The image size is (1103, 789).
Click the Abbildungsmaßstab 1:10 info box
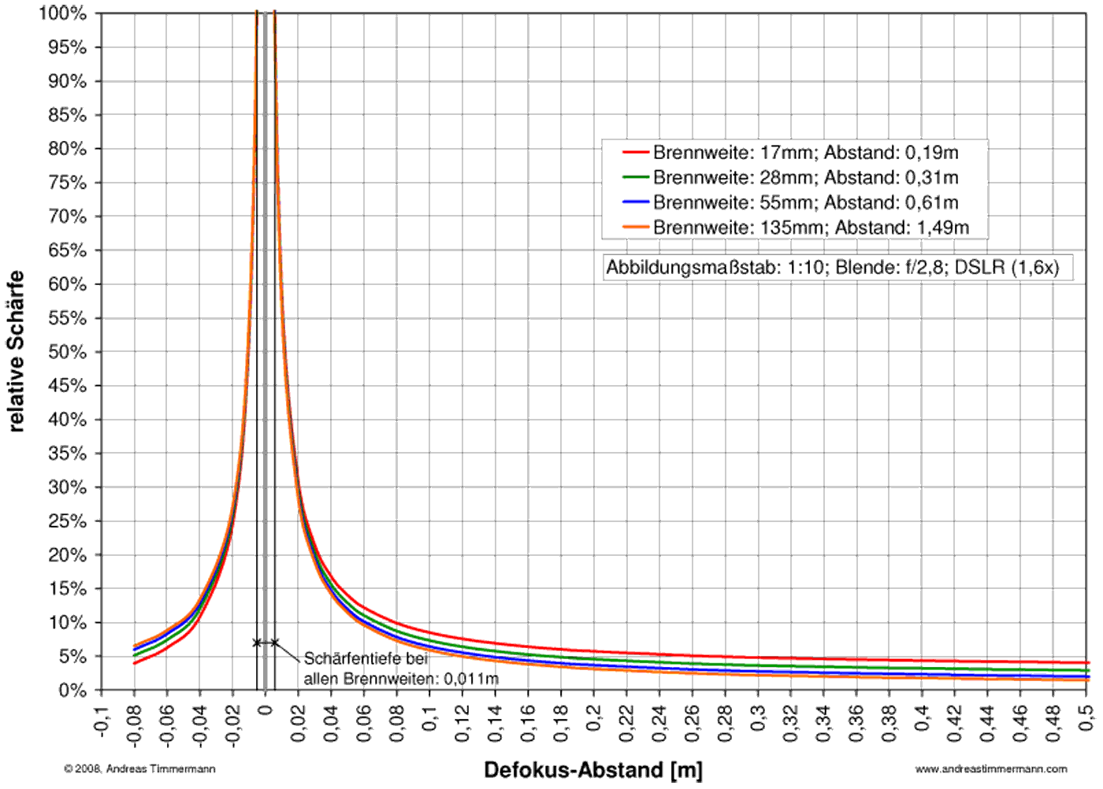click(x=833, y=268)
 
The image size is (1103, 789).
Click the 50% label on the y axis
click(x=67, y=352)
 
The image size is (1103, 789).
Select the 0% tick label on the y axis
click(x=72, y=691)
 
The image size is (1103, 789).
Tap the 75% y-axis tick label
click(x=67, y=183)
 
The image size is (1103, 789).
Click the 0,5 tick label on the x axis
click(x=1086, y=717)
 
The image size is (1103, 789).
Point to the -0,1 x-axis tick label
click(x=101, y=720)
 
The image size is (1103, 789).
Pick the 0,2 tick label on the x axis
click(x=594, y=717)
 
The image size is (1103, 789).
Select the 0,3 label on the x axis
click(x=758, y=717)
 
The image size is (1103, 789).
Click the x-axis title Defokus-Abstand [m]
click(x=593, y=770)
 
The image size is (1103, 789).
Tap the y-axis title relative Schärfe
click(x=16, y=352)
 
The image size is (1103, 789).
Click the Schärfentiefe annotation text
click(x=400, y=669)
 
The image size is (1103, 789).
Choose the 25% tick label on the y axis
click(x=67, y=521)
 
